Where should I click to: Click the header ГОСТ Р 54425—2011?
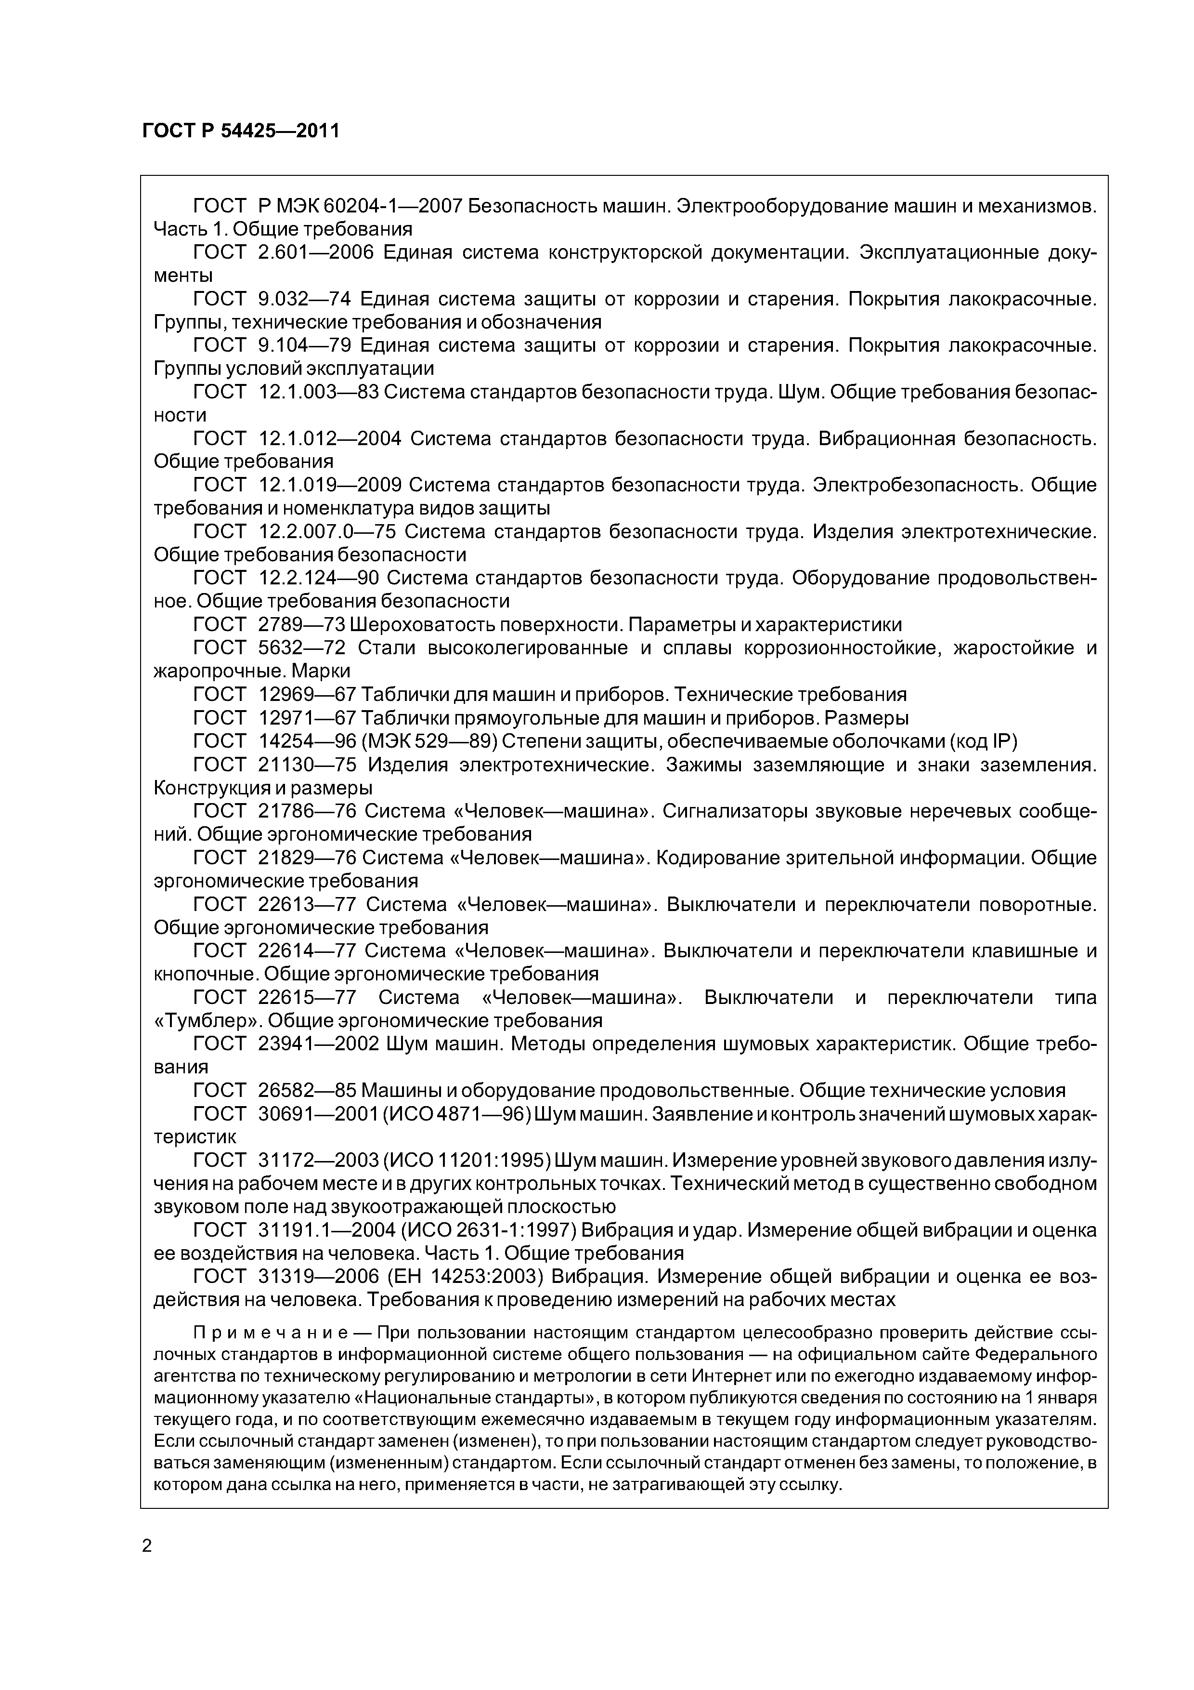(x=241, y=132)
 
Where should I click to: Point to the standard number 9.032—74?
(x=304, y=299)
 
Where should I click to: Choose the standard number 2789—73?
(x=301, y=625)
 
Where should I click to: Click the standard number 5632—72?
(x=301, y=648)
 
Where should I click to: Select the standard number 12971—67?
(x=308, y=718)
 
